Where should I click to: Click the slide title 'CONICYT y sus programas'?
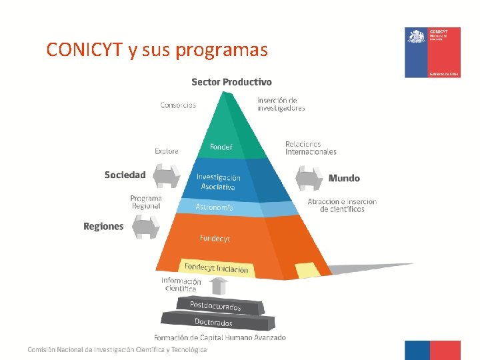point(157,49)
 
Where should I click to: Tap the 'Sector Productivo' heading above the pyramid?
point(231,82)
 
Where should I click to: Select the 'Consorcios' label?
point(178,105)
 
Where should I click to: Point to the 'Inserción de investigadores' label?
point(281,105)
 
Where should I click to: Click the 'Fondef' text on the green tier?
point(221,147)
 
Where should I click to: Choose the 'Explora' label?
point(166,151)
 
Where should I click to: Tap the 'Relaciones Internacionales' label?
point(311,148)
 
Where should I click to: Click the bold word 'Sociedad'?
point(125,175)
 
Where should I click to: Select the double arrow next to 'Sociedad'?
point(167,177)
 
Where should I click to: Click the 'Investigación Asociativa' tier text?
point(218,182)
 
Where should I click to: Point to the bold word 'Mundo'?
point(344,178)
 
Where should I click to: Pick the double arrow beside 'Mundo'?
point(309,178)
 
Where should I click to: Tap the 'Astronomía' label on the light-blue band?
point(214,207)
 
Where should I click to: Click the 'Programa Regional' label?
point(146,202)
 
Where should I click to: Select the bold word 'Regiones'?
point(103,227)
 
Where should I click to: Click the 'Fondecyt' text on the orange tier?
point(215,238)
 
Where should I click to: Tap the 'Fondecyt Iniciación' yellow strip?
point(216,268)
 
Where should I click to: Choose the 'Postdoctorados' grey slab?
point(215,305)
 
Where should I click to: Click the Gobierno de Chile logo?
point(432,53)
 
